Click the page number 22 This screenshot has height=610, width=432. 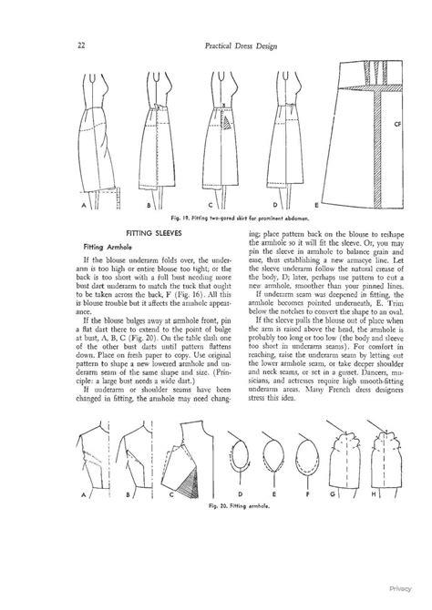[81, 46]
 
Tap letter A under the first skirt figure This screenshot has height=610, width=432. [83, 206]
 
